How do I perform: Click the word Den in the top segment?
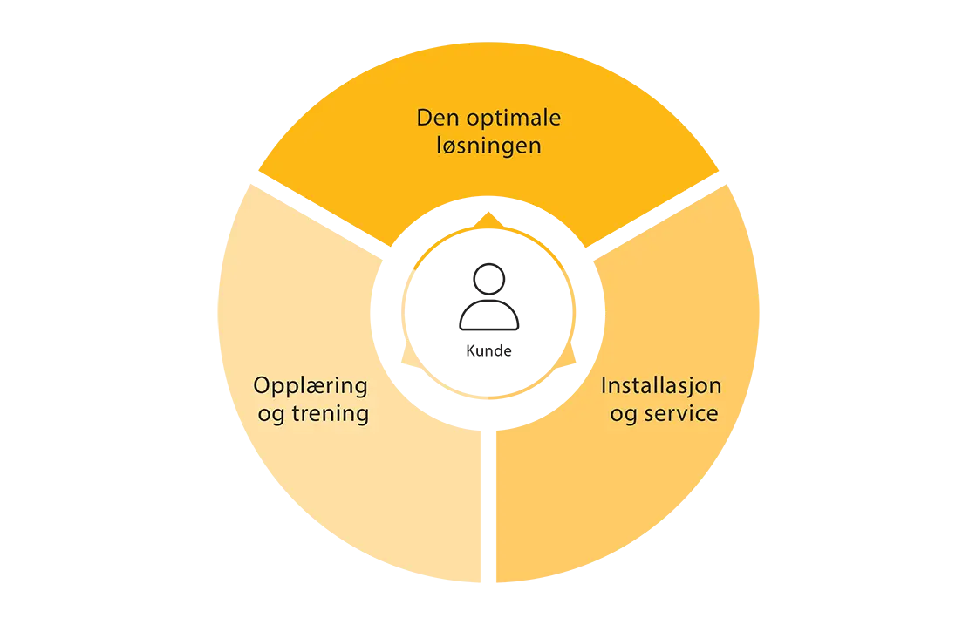(439, 117)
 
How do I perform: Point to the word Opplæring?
(311, 386)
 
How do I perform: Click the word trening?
(331, 412)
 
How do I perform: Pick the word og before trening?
(271, 416)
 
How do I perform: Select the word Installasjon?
(661, 387)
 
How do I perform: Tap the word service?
(681, 414)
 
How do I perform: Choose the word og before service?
(624, 416)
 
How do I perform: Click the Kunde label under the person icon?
(488, 350)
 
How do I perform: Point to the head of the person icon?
(488, 279)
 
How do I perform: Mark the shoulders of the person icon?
(488, 315)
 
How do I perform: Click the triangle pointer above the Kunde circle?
(488, 220)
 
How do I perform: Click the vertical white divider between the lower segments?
(488, 506)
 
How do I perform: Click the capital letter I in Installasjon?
(604, 385)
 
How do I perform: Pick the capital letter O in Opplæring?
(262, 385)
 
